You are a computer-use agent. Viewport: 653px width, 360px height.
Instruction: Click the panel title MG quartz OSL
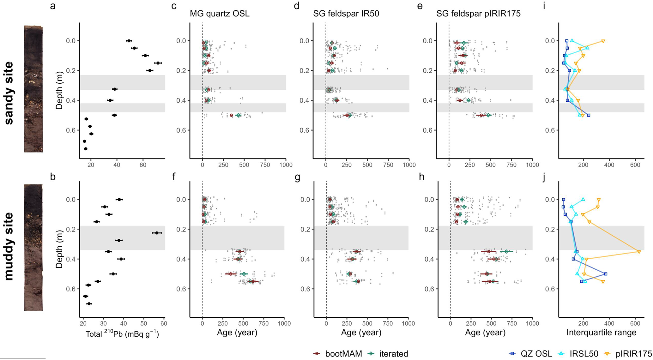(x=219, y=14)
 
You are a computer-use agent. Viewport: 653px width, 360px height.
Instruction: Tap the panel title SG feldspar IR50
(x=346, y=14)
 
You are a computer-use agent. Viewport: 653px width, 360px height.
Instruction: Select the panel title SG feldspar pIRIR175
(x=478, y=14)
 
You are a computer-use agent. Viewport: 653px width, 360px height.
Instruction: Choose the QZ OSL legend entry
(x=531, y=354)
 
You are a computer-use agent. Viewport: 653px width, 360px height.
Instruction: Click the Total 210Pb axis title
(x=122, y=334)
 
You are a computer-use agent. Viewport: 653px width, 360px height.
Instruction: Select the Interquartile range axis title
(x=602, y=332)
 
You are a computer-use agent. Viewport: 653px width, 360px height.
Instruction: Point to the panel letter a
(x=53, y=6)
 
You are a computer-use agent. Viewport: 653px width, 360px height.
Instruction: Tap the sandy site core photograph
(x=33, y=89)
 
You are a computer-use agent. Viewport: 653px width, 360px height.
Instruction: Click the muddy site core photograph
(x=33, y=247)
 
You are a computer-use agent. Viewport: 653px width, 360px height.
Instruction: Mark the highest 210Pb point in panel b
(x=157, y=233)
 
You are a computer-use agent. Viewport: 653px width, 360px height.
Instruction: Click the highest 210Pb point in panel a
(x=158, y=63)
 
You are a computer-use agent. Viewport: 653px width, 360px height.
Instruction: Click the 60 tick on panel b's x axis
(x=164, y=323)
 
